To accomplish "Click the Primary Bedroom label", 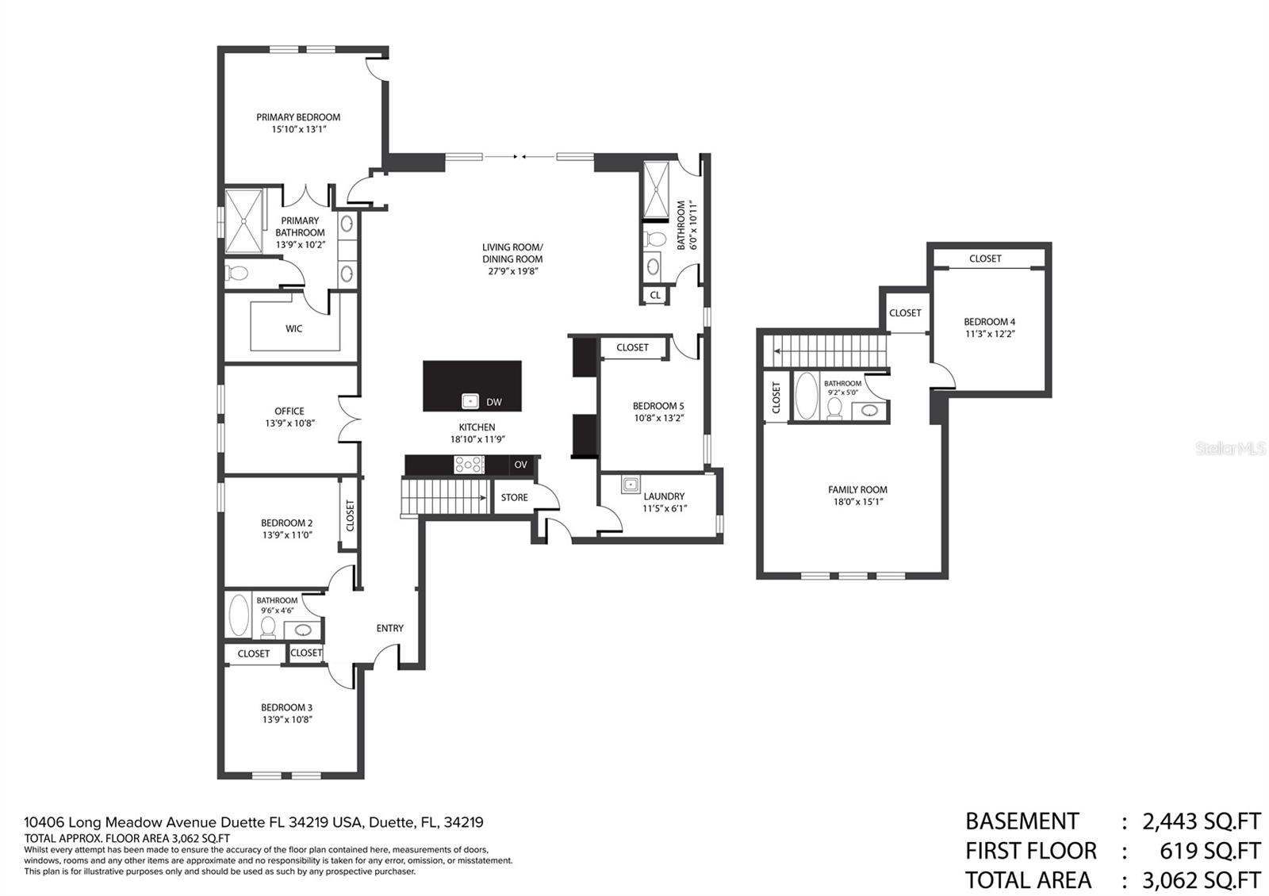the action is (x=298, y=117).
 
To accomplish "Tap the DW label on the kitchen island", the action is (x=494, y=402).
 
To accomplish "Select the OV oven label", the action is (x=520, y=465).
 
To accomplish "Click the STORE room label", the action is (x=515, y=497).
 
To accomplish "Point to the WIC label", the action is (x=294, y=328).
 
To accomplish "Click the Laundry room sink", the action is (x=631, y=484).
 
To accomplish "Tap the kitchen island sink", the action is (x=470, y=401).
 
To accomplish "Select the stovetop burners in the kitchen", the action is (x=469, y=465).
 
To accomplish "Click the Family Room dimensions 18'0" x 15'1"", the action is (x=858, y=502).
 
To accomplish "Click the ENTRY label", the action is (x=389, y=628).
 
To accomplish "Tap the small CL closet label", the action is (x=655, y=295).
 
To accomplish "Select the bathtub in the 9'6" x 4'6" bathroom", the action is (x=239, y=615).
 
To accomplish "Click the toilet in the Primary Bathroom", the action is (x=237, y=274).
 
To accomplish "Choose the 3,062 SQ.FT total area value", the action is (x=1202, y=880).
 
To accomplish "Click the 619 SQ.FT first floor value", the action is (x=1210, y=851).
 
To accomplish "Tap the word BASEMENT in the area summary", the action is (x=1022, y=821).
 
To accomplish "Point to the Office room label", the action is (x=289, y=412).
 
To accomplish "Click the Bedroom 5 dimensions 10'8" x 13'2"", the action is (x=659, y=418).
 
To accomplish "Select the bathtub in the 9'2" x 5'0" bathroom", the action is (x=807, y=396).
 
